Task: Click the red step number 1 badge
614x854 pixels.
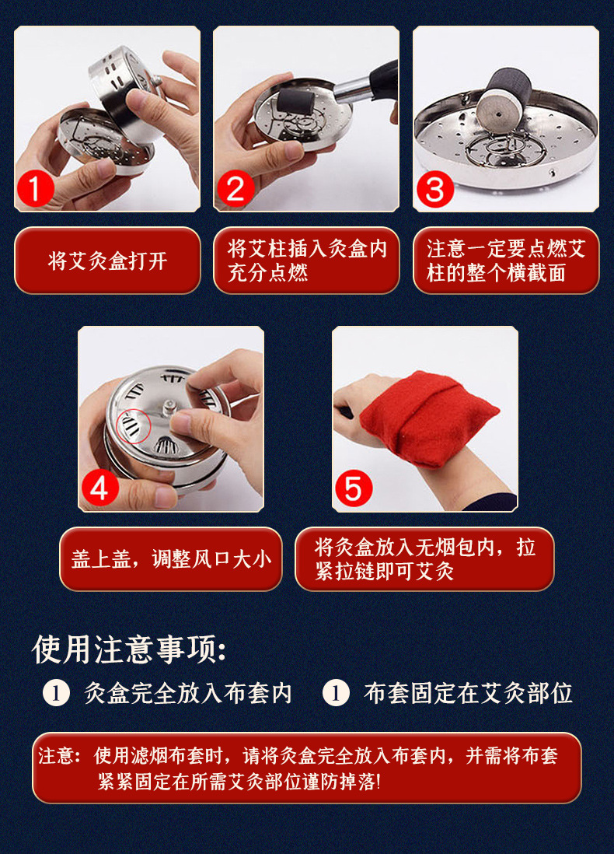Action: [36, 189]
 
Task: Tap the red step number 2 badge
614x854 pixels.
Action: [235, 189]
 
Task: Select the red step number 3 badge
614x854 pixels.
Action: [435, 189]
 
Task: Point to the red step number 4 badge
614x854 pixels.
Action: [100, 488]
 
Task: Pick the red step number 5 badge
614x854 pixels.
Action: [354, 488]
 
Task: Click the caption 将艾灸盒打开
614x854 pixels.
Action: [107, 261]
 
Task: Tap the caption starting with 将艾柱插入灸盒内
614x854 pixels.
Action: [307, 261]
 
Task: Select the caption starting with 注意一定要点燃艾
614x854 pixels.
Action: [506, 261]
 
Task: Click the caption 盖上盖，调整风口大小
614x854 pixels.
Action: [171, 558]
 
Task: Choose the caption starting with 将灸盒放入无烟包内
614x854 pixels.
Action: [424, 558]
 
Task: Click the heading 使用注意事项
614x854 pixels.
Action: [128, 649]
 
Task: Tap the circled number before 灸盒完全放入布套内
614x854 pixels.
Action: [56, 693]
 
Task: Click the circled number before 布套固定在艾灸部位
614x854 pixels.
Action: [336, 693]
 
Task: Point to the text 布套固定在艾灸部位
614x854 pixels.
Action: [468, 693]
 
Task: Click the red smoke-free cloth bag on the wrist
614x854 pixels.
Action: [427, 418]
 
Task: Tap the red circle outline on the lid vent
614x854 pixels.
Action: [134, 426]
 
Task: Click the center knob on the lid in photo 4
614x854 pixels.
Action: [169, 408]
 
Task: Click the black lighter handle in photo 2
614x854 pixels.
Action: [384, 80]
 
